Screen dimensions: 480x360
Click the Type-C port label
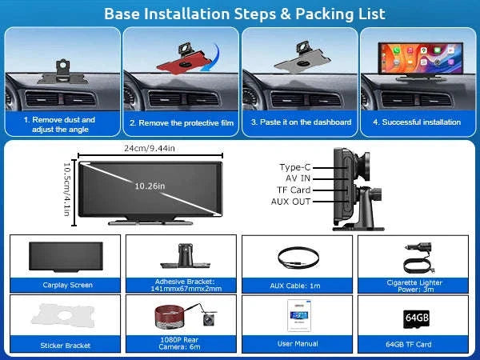(x=294, y=167)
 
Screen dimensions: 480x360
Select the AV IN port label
(x=298, y=178)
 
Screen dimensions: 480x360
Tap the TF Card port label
(x=294, y=190)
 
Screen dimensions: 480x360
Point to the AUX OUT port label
(x=291, y=202)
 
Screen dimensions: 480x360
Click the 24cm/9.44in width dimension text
(x=150, y=149)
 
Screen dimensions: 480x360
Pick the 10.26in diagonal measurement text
(x=150, y=186)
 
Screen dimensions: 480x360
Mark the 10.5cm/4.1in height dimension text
(x=67, y=189)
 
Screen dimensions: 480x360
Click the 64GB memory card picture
(x=416, y=318)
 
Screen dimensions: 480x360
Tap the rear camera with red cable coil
(x=186, y=316)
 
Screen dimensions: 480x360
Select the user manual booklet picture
(x=299, y=315)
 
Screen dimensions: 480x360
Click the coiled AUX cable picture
(x=298, y=258)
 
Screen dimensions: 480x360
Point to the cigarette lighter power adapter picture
(x=418, y=258)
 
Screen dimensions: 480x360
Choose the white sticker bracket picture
(x=62, y=315)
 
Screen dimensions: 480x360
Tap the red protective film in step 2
(x=184, y=63)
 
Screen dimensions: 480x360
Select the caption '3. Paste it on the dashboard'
(x=301, y=122)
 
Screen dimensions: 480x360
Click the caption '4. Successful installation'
(x=417, y=122)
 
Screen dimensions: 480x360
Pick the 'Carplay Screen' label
(x=68, y=285)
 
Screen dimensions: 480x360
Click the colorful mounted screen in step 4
(x=421, y=58)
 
